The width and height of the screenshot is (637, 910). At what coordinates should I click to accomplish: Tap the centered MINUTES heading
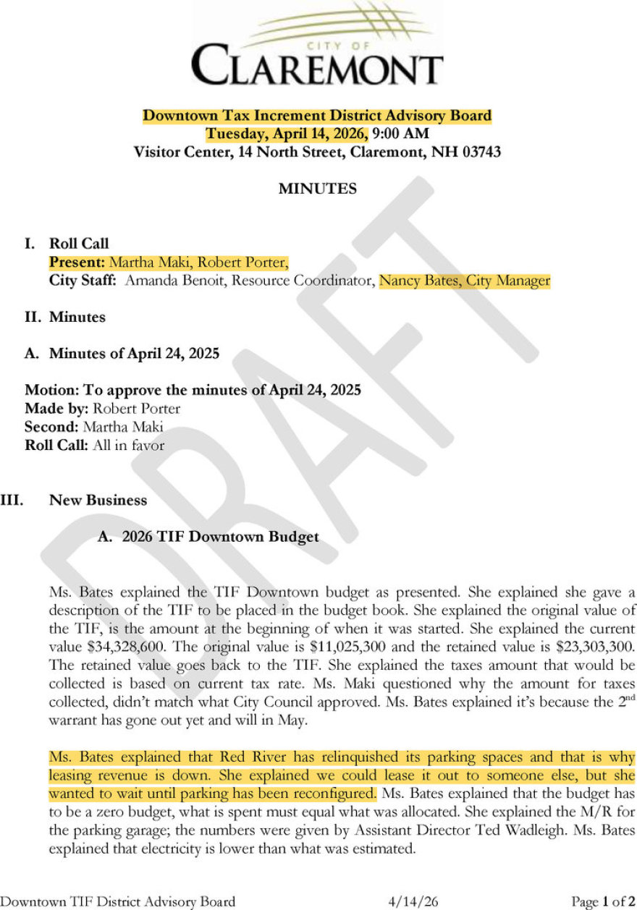click(x=318, y=190)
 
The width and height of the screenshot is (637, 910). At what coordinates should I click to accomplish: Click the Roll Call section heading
click(x=79, y=244)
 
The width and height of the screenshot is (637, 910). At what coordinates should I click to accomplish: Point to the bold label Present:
click(x=77, y=262)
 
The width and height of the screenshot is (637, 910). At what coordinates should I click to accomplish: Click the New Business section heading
click(x=98, y=501)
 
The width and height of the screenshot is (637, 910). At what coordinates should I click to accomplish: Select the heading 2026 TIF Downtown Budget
click(x=220, y=537)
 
